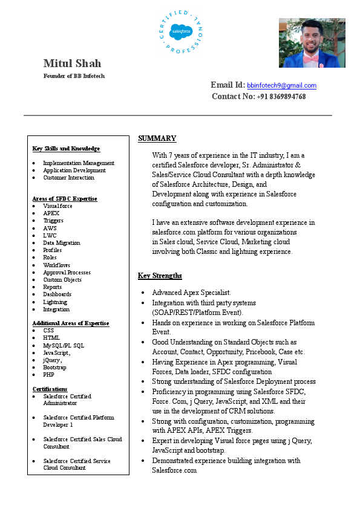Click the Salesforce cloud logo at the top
180,30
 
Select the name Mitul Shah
72,63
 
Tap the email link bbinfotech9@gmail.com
281,86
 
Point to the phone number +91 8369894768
281,97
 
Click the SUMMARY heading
157,138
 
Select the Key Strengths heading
160,276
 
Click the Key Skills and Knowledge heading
66,149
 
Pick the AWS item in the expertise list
50,228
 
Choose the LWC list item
50,235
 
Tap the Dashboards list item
57,294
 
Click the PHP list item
48,375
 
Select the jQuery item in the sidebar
53,360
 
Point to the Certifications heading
50,389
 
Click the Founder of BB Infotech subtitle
74,76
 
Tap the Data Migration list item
61,242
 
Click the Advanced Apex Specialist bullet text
191,293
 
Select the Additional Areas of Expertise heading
70,323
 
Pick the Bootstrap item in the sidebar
54,367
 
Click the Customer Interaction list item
68,178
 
